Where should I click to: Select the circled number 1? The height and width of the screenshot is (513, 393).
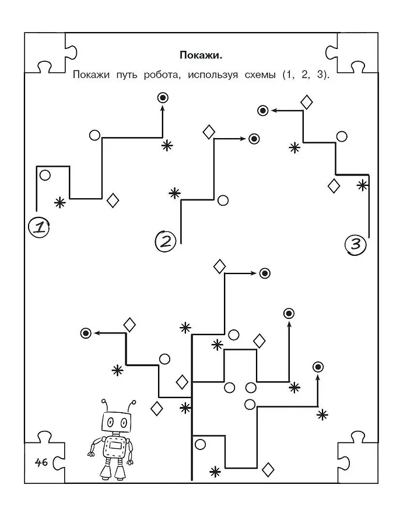[38, 227]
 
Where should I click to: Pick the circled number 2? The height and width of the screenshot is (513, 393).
[165, 241]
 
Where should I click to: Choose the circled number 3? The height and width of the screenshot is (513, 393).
[356, 244]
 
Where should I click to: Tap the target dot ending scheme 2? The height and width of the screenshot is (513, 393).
[254, 139]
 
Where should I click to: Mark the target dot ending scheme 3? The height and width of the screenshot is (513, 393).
[263, 110]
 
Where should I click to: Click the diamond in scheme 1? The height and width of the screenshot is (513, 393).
[113, 201]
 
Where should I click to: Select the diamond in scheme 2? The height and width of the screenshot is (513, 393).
[209, 132]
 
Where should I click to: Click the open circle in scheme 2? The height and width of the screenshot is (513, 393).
[223, 201]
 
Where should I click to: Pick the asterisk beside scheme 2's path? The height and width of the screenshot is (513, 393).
[174, 194]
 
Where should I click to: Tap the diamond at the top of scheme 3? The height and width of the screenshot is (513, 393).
[306, 102]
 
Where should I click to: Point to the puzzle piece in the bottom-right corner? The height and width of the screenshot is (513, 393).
[353, 455]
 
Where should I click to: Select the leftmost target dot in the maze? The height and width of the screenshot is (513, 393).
[86, 333]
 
